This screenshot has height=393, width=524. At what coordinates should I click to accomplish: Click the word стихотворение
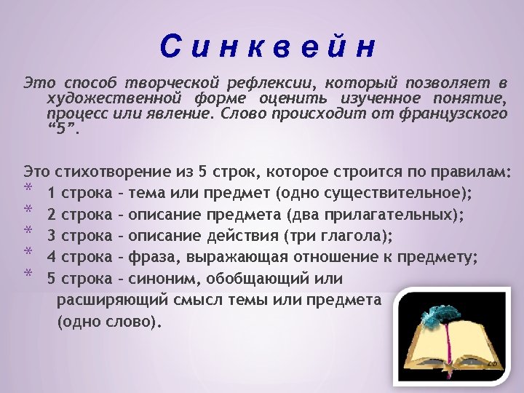coord(114,172)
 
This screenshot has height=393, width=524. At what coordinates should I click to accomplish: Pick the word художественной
coord(103,99)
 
